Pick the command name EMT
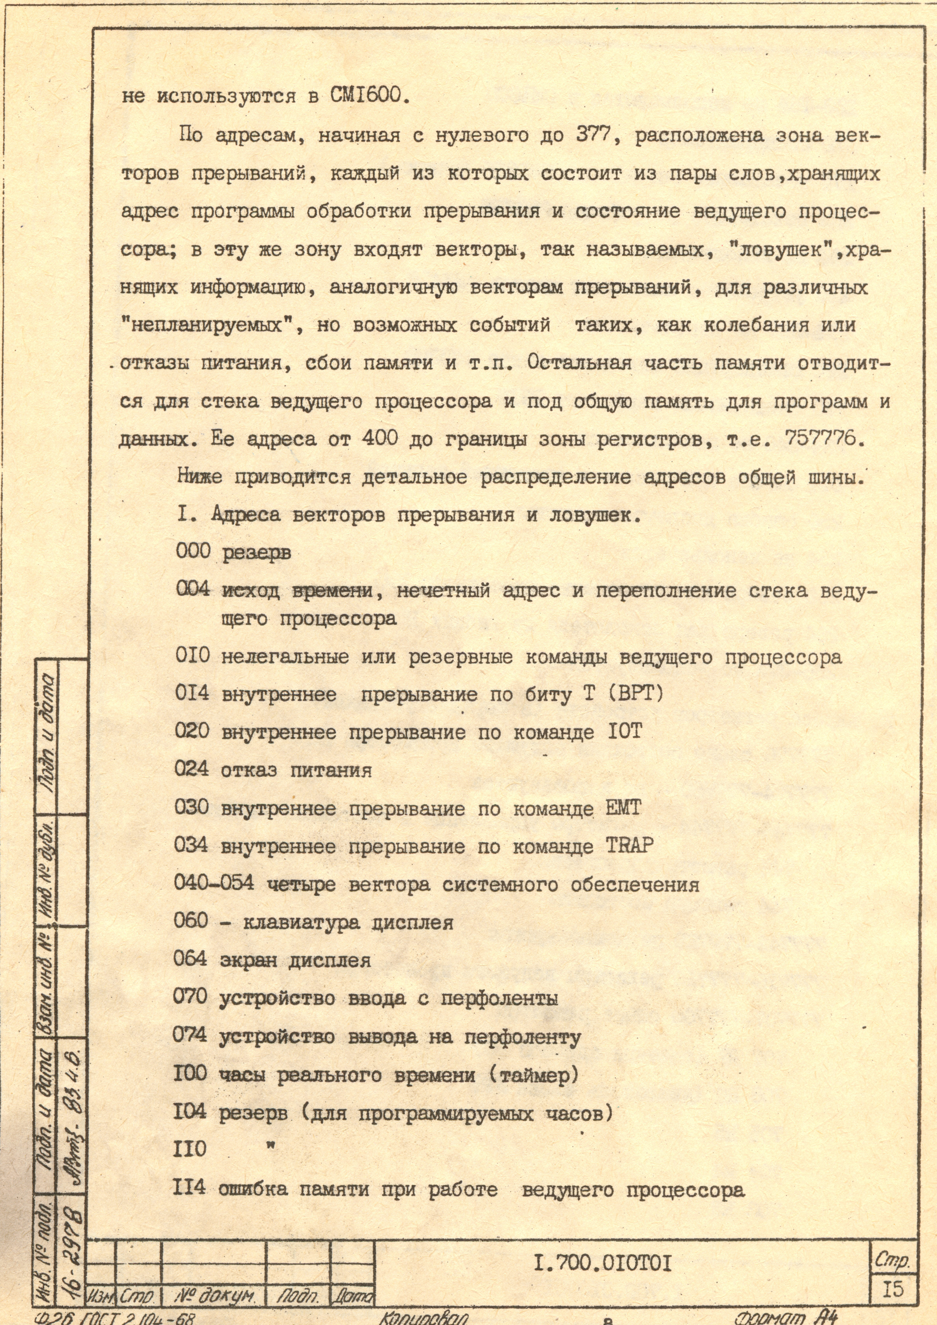[x=623, y=808]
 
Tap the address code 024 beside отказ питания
[x=191, y=769]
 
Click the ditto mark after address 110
[x=270, y=1147]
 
